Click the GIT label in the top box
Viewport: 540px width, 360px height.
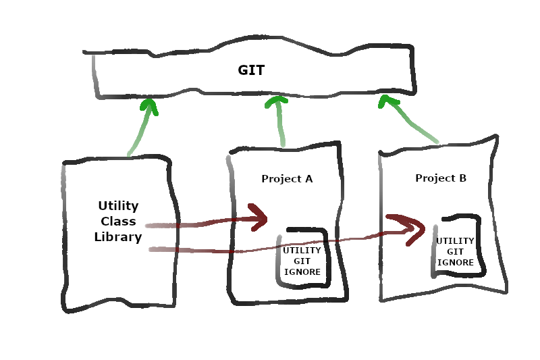[251, 70]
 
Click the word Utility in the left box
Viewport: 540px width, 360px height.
[118, 205]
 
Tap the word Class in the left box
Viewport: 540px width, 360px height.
[119, 222]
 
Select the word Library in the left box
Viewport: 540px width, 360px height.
[118, 237]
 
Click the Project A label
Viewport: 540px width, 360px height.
[287, 179]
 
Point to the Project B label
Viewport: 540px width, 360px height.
[441, 178]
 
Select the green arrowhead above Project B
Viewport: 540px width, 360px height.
[387, 102]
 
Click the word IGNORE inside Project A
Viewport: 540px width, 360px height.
[302, 272]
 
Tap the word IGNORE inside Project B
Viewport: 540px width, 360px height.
[455, 263]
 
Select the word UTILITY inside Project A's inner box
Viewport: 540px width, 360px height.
[302, 251]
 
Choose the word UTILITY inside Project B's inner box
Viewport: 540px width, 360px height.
[455, 241]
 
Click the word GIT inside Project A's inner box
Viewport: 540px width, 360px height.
[302, 261]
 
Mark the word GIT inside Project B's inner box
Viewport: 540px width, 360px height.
[455, 252]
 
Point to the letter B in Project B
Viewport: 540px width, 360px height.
[462, 178]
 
